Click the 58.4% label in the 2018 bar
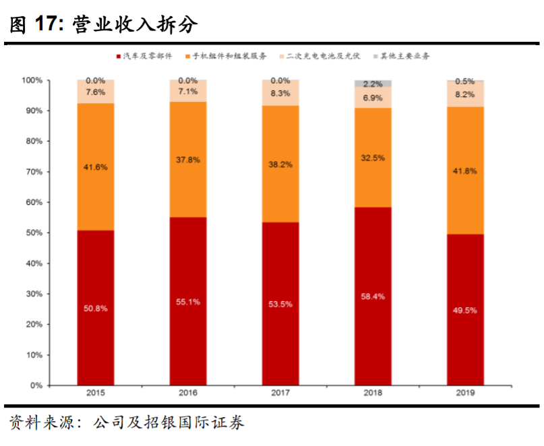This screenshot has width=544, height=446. pos(373,296)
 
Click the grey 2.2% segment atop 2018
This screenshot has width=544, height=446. pos(373,84)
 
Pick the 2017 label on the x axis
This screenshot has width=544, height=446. pos(280,392)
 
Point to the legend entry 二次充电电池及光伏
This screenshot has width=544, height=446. pos(321,55)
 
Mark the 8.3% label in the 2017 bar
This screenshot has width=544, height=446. pos(280,93)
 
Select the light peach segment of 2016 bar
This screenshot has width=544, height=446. pos(187,92)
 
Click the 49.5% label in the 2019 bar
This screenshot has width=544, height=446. pos(465,311)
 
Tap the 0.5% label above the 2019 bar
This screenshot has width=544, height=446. pos(465,81)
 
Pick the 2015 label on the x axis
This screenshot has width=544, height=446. pos(95,392)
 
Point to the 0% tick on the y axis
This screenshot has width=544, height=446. pos(36,385)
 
